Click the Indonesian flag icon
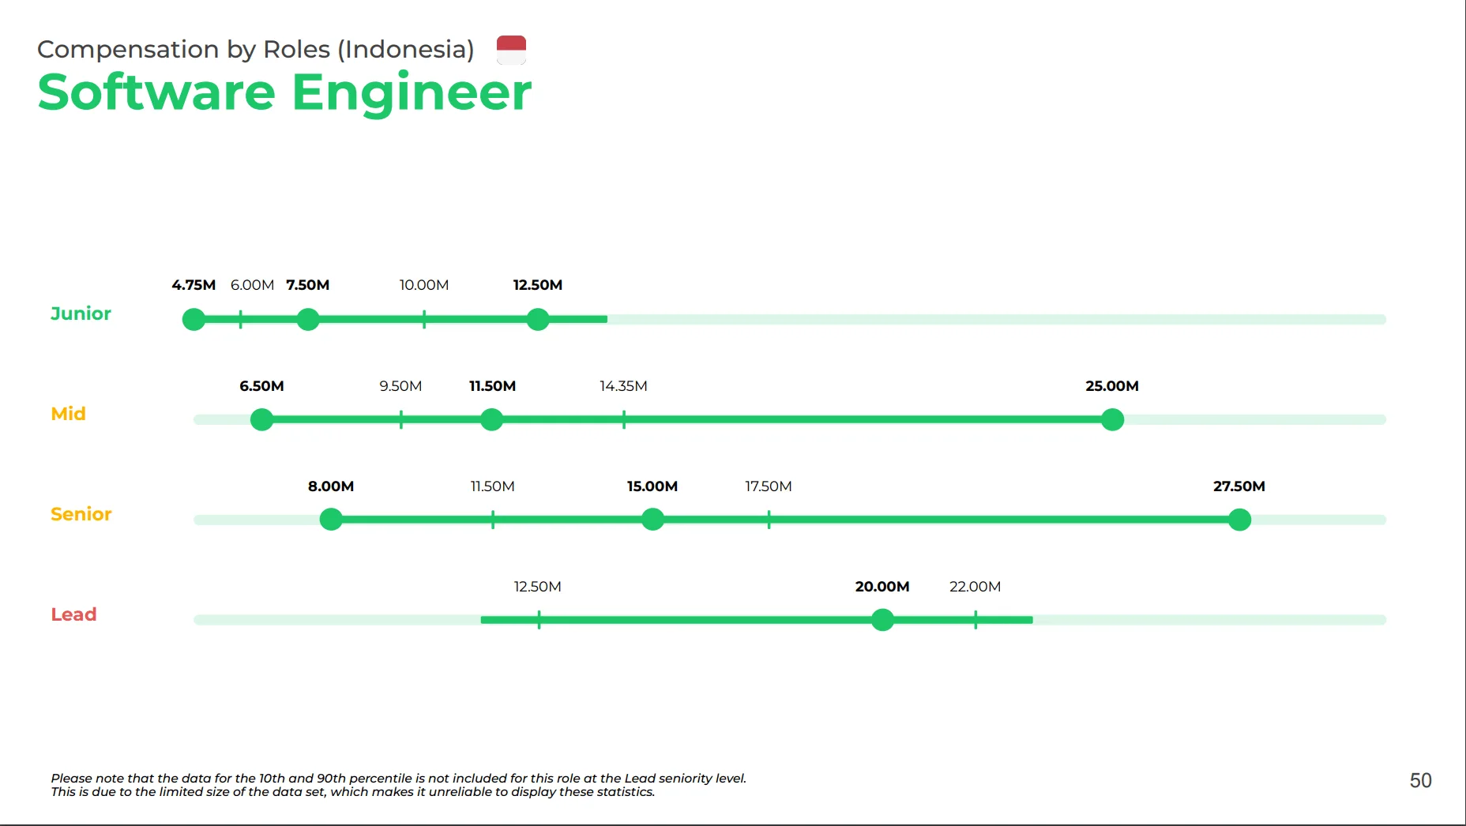(511, 50)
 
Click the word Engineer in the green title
(412, 92)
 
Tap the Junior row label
(81, 314)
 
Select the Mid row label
(68, 414)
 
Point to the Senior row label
(81, 514)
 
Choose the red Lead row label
(73, 614)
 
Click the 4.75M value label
(194, 285)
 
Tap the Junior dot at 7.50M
(308, 320)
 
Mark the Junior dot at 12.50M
(538, 320)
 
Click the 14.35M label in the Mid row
(623, 386)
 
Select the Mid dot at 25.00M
(1112, 419)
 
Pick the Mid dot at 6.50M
(261, 419)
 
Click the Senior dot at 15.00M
(652, 520)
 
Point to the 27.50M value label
(1239, 486)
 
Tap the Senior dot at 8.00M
(331, 520)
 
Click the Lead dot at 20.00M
(882, 620)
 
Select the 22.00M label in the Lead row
(975, 587)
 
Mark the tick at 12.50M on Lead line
(539, 620)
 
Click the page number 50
(1420, 781)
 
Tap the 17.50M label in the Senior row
(769, 486)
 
